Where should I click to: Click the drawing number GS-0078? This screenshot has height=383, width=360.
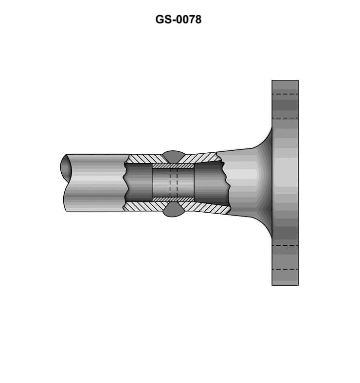click(x=178, y=20)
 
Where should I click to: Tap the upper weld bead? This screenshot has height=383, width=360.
click(x=173, y=156)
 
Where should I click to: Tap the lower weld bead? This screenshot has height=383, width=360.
click(x=173, y=210)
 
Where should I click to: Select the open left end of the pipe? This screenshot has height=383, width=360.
click(x=65, y=167)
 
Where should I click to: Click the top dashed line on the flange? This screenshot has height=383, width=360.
click(x=285, y=94)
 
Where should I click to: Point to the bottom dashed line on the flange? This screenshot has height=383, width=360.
click(x=285, y=269)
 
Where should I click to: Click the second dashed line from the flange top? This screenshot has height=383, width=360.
click(x=285, y=118)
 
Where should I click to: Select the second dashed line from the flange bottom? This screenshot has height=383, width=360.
click(x=285, y=245)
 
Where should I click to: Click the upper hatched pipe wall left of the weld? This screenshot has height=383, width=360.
click(x=145, y=159)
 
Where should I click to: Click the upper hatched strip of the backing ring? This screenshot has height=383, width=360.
click(x=173, y=166)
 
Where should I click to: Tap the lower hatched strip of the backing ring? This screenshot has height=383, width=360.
click(x=173, y=199)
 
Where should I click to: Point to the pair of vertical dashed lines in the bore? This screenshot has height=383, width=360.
click(x=173, y=182)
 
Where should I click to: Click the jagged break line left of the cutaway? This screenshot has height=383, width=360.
click(x=126, y=182)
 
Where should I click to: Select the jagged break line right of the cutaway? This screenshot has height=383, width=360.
click(x=227, y=182)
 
